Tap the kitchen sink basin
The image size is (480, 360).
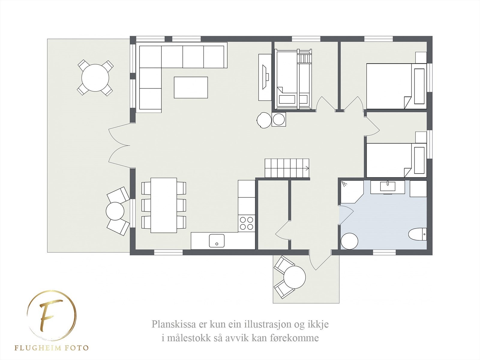click(x=217, y=241)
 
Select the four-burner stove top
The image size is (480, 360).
click(x=246, y=223)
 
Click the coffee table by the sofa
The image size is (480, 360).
click(x=191, y=87)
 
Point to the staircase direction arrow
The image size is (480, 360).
click(x=307, y=169)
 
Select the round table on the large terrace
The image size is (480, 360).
click(x=95, y=78)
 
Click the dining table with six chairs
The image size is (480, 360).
click(x=163, y=205)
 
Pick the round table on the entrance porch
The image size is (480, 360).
click(x=295, y=276)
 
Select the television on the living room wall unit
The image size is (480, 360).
click(x=265, y=77)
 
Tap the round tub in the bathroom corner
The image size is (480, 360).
click(x=349, y=241)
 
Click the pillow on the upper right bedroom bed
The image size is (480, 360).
click(x=419, y=86)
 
